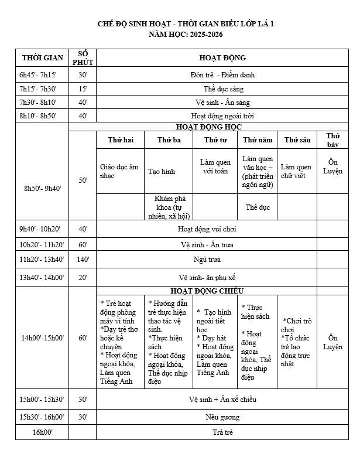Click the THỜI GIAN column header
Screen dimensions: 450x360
[x=42, y=57]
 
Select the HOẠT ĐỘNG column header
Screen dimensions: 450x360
[x=222, y=57]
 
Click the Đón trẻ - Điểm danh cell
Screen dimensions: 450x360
[x=222, y=75]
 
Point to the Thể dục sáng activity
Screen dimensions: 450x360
[x=222, y=89]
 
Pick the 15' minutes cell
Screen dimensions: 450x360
[x=83, y=89]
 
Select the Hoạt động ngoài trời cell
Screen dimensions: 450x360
[x=222, y=116]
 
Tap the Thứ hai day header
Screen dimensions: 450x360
[x=121, y=140]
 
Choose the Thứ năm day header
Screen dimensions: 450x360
[x=258, y=140]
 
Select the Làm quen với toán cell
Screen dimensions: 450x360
[x=215, y=166]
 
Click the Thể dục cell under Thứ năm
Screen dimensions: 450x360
[x=258, y=207]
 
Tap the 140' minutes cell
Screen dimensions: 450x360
[x=83, y=260]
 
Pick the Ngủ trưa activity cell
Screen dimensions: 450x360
[x=222, y=260]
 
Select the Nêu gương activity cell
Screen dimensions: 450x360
[x=222, y=417]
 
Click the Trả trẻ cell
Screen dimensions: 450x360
[x=222, y=432]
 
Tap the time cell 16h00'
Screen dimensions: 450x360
[x=42, y=432]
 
